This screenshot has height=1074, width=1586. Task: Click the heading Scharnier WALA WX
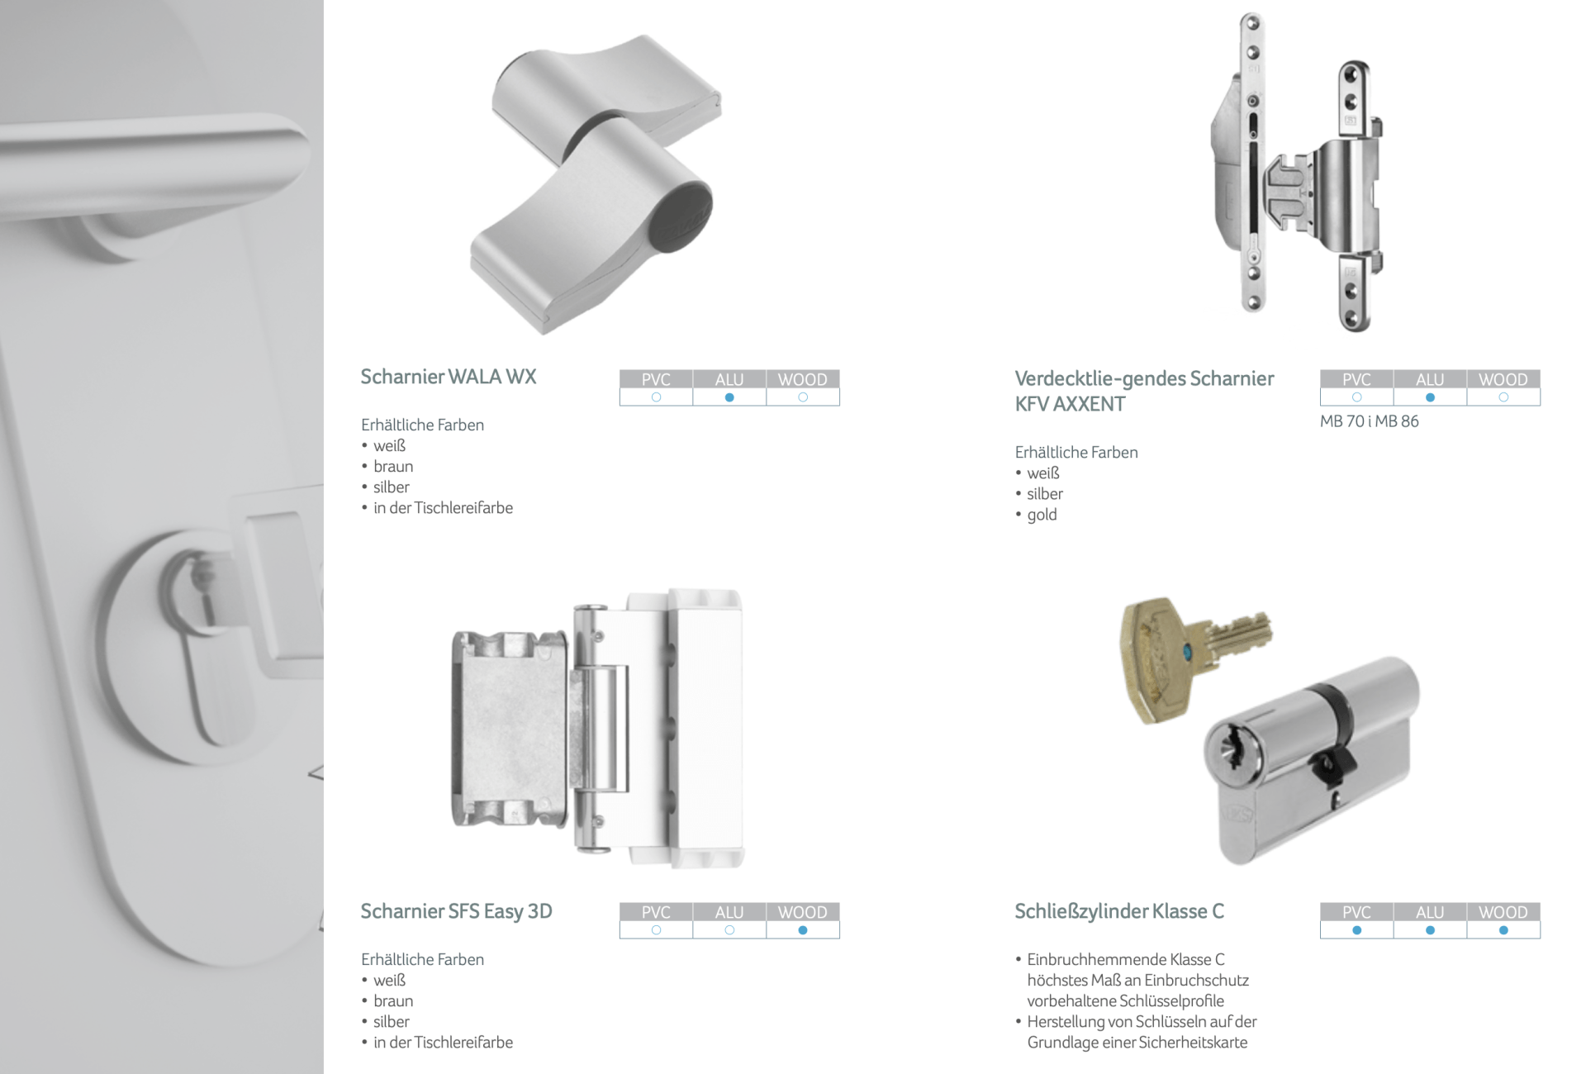point(449,377)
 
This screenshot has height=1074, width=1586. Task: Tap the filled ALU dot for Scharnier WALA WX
point(729,397)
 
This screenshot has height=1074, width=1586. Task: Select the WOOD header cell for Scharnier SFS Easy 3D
point(803,912)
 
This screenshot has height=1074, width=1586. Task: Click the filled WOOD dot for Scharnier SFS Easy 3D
point(803,930)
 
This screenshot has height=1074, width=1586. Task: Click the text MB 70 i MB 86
point(1370,421)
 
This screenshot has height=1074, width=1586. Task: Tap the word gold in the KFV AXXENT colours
point(1042,515)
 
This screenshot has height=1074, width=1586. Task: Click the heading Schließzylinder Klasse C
point(1119,911)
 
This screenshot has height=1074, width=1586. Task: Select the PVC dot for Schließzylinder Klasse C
point(1356,930)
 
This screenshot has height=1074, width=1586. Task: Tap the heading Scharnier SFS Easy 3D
point(457,911)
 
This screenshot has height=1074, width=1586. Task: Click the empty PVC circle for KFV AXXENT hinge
point(1356,397)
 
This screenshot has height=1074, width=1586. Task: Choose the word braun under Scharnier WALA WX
point(393,467)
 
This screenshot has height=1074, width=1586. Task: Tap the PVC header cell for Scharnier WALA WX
point(656,379)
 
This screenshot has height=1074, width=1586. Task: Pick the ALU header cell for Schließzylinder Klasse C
point(1430,912)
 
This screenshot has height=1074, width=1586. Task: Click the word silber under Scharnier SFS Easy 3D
point(392,1022)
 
